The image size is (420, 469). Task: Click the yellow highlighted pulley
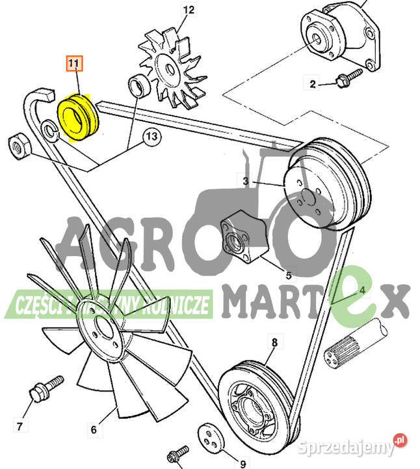pos(77,117)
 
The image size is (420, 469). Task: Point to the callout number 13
pos(151,137)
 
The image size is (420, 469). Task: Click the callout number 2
pos(312,83)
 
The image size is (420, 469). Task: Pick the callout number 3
pos(246,180)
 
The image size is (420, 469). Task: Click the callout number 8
pos(274,341)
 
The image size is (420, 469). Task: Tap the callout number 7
pos(20,427)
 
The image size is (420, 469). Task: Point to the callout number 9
pos(243,465)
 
